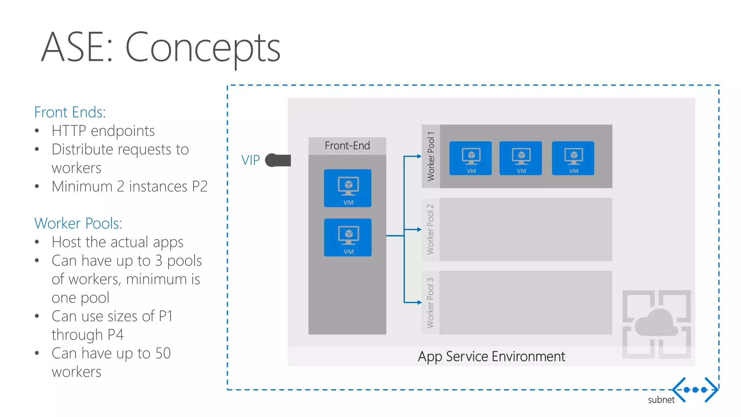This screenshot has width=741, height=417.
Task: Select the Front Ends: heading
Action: pos(70,112)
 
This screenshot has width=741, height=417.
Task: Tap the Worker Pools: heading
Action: pos(78,223)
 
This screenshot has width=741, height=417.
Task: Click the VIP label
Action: pos(250,160)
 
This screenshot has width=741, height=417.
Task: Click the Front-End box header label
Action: pos(347,146)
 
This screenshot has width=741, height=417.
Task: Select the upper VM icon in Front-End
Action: pos(348,188)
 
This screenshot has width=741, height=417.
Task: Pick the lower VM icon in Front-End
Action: pos(348,237)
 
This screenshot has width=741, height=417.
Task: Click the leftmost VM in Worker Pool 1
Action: pos(470,158)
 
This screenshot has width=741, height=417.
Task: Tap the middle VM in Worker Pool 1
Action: pos(521,158)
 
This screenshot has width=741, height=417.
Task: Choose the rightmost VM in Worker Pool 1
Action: pos(573,158)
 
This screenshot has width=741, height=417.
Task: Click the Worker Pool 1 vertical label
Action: pos(431,156)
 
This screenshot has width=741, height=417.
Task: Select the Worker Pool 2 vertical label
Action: pos(430,229)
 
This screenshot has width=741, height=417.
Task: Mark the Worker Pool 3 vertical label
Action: pos(430,303)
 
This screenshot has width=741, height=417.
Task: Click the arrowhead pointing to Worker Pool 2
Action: pos(419,229)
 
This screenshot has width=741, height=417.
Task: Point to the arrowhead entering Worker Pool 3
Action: pos(419,303)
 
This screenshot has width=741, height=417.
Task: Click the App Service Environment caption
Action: pos(491,357)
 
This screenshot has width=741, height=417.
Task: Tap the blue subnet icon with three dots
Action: pos(695,390)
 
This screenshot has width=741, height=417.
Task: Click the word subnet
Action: pos(661,400)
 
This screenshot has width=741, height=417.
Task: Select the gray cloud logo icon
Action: pos(656,324)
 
